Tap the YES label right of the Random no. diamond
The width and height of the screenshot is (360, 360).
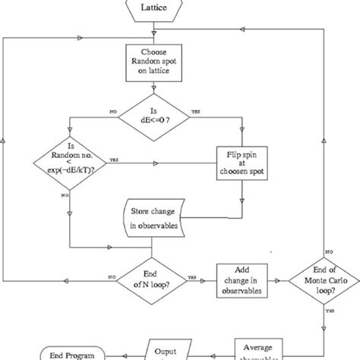click(x=114, y=159)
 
